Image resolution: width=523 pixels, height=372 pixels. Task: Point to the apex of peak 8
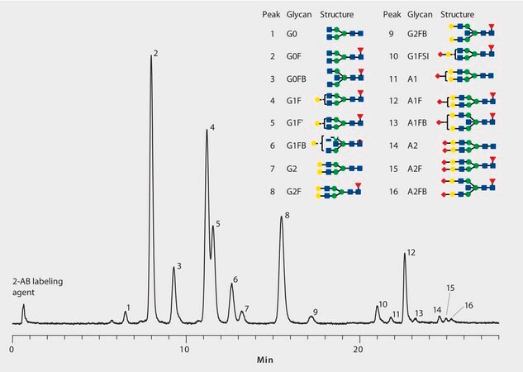281,219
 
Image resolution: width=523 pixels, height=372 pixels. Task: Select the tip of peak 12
405,254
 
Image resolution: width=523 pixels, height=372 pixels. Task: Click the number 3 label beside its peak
178,265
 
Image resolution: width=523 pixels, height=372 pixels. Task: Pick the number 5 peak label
218,223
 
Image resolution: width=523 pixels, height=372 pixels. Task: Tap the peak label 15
450,288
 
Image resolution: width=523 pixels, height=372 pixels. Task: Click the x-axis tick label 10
186,349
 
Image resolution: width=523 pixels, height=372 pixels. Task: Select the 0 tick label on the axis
12,349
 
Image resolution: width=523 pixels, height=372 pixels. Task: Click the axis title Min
264,360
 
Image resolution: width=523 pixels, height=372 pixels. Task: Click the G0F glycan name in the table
295,56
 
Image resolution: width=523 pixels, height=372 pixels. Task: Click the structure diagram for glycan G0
344,34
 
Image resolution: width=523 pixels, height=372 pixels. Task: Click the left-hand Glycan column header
298,15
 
